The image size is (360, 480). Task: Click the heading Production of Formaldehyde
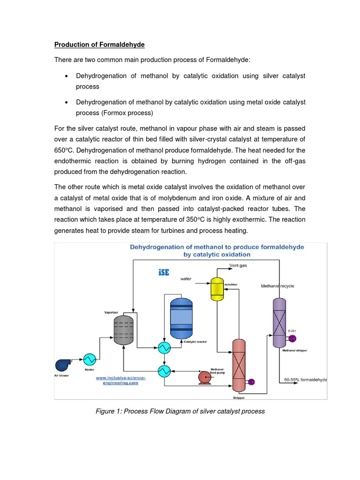(99, 45)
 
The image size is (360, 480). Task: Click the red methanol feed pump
(205, 377)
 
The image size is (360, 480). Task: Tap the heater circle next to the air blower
(89, 359)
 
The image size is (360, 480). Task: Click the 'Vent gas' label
(238, 266)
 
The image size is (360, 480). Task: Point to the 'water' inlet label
(186, 278)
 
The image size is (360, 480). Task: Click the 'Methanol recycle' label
(277, 286)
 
